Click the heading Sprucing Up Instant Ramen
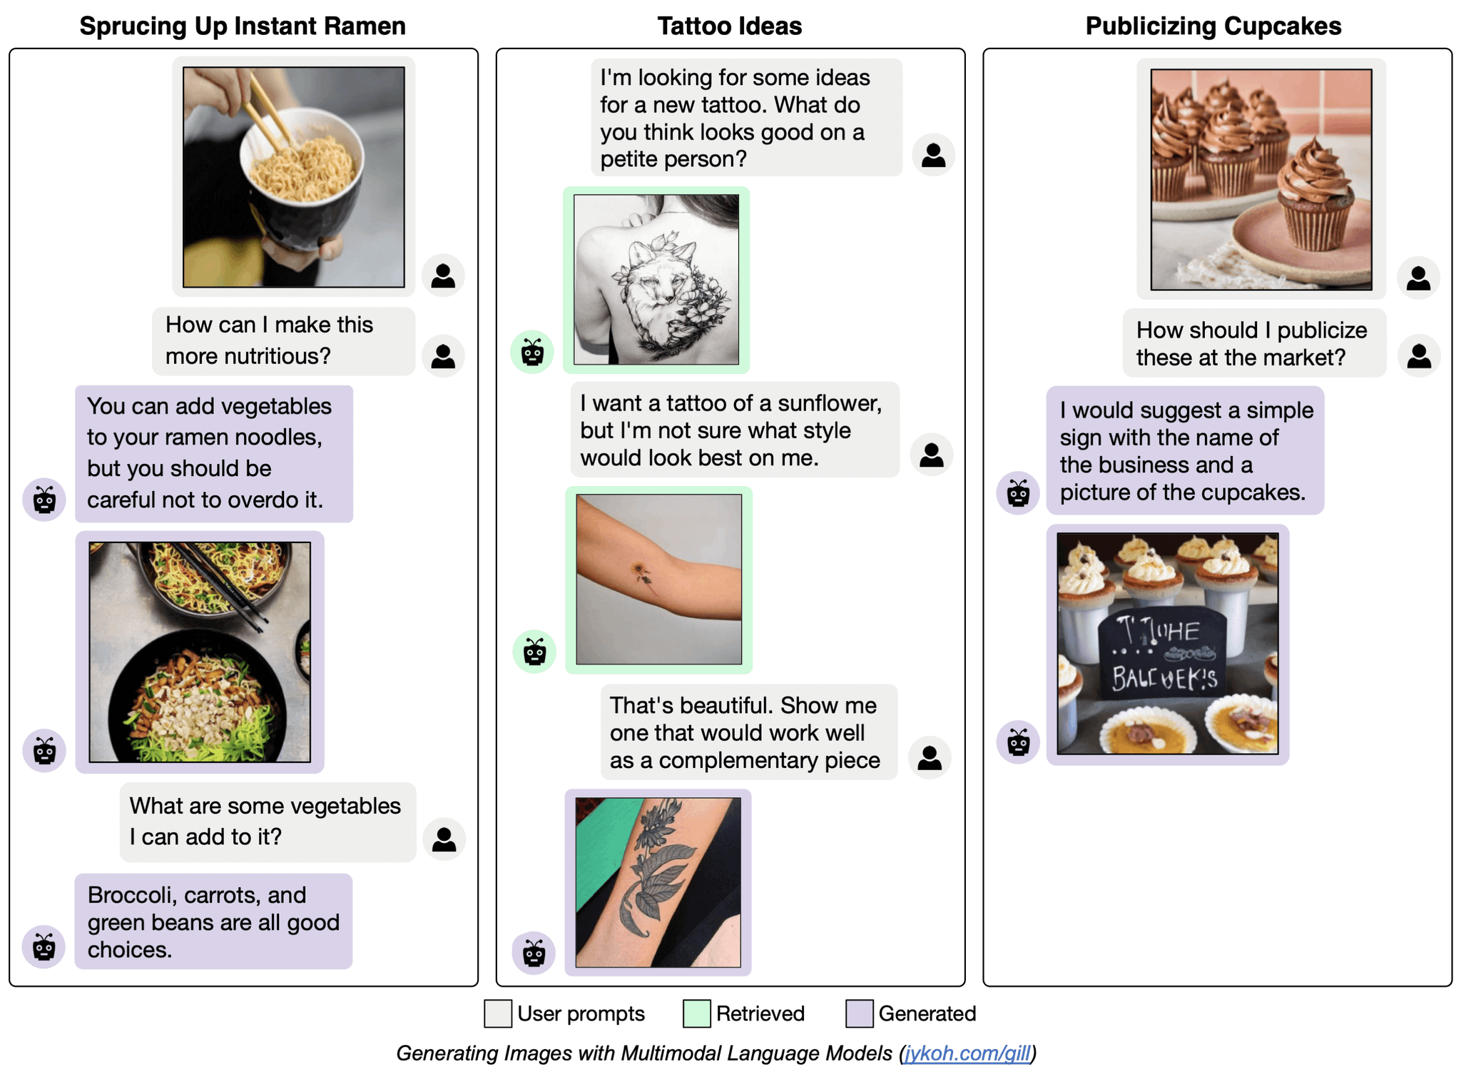243,26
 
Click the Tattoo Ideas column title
729,26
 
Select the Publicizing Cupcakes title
1213,26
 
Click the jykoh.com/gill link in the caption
967,1053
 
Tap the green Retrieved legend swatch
696,1013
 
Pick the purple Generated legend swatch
859,1013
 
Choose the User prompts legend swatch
497,1013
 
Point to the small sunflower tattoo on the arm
641,573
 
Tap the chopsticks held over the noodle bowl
268,114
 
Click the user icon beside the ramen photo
443,275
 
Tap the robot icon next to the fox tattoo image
532,352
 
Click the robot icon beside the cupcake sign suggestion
1017,492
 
